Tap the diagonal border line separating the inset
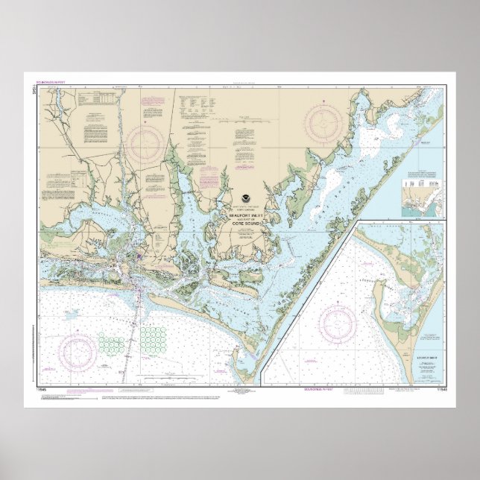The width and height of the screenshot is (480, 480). (306, 298)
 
